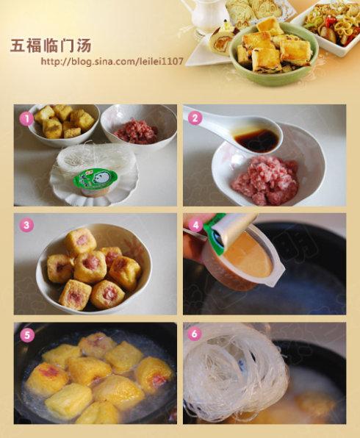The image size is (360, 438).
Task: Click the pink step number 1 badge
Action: coord(26,119)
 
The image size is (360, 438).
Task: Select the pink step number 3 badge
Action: coord(26,225)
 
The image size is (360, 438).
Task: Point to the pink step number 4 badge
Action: coord(195,225)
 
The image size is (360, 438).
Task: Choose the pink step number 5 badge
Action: coord(26,334)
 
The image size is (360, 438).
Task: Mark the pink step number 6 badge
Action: coord(195,333)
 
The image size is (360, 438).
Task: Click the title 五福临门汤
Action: coord(51,46)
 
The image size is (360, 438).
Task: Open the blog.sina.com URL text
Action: coord(112,61)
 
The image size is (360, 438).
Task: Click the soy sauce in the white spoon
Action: coord(256,137)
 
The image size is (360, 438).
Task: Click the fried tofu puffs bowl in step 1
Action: coord(63,125)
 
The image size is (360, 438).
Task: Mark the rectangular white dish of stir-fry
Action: coord(327,28)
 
